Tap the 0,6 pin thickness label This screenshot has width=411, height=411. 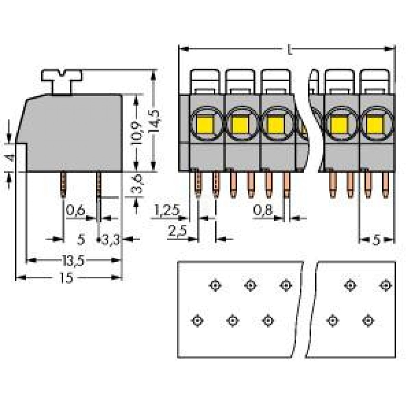(x=75, y=210)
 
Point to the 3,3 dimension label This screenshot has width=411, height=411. (x=110, y=240)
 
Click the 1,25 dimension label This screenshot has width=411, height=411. (x=167, y=210)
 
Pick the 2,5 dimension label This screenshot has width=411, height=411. (x=177, y=231)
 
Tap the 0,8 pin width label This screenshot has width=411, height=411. (x=263, y=210)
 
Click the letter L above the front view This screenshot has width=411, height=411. (x=289, y=49)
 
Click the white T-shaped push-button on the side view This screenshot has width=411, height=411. (x=62, y=81)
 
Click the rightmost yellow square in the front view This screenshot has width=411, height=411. (x=375, y=125)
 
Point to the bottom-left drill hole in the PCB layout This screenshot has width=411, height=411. (x=197, y=321)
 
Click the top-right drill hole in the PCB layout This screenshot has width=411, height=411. (x=386, y=285)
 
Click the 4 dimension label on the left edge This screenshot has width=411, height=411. (x=11, y=158)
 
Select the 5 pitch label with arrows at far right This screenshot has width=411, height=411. (x=376, y=240)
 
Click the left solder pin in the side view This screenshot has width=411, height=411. (x=64, y=185)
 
